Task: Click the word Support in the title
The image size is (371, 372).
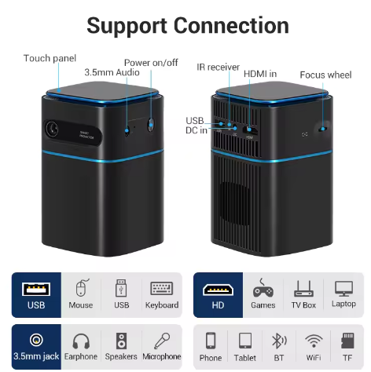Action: tap(127, 26)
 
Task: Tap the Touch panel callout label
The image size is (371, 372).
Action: tap(50, 58)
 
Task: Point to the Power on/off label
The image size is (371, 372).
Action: tap(151, 63)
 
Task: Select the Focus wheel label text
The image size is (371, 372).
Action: tap(325, 75)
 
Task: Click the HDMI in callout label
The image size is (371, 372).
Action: tap(260, 74)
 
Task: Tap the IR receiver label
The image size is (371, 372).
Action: tap(219, 67)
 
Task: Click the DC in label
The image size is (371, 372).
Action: tap(197, 130)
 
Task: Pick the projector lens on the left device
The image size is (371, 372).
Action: tap(52, 129)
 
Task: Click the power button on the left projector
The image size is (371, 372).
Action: tap(151, 124)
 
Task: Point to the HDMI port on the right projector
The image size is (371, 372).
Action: tap(250, 130)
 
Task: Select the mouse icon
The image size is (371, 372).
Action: tap(82, 287)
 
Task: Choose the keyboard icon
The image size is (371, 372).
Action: tap(162, 288)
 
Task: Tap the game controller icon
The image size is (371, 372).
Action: tap(263, 289)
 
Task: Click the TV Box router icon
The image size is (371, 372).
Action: tap(303, 289)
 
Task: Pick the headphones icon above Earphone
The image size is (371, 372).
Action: tap(81, 341)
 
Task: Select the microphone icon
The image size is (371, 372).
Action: tap(162, 341)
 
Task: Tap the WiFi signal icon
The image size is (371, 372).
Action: tap(314, 341)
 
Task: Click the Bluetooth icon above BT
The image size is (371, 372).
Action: tap(279, 341)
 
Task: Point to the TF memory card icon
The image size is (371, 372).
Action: tap(347, 341)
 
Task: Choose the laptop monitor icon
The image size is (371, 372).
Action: tap(343, 289)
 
